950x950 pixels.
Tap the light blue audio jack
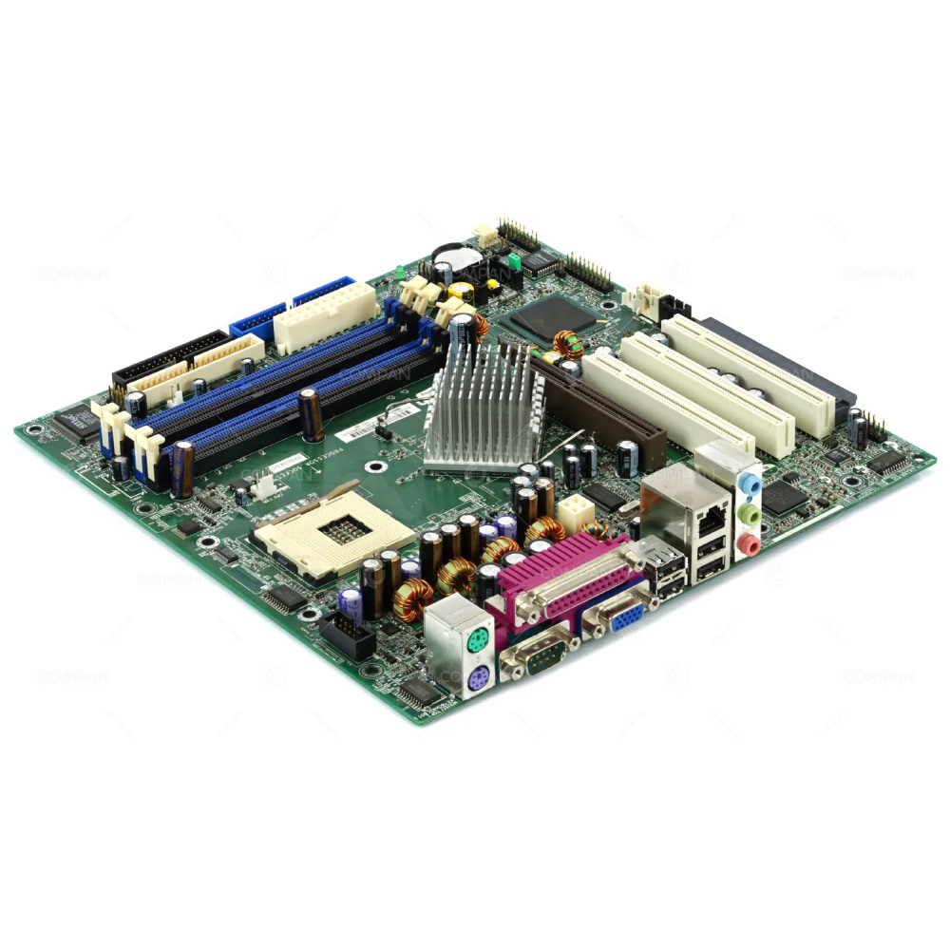(x=750, y=484)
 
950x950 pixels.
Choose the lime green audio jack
(x=750, y=514)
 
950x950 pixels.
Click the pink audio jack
(x=750, y=543)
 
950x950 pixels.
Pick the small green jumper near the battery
(x=514, y=260)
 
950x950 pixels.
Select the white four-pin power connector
(x=575, y=513)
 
